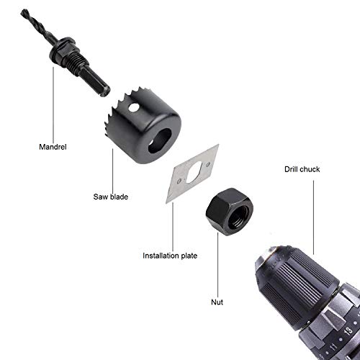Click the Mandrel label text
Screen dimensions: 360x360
pyautogui.click(x=53, y=147)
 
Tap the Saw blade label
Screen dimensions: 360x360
pyautogui.click(x=111, y=197)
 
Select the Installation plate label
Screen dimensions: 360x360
pyautogui.click(x=170, y=256)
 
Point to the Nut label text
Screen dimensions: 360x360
pyautogui.click(x=217, y=302)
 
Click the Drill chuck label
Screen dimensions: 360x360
pyautogui.click(x=302, y=169)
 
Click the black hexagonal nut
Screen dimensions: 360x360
pyautogui.click(x=230, y=212)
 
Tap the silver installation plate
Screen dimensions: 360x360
pyautogui.click(x=192, y=174)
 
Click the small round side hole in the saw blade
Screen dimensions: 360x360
pyautogui.click(x=133, y=107)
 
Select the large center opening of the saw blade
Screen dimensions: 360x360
pyautogui.click(x=160, y=140)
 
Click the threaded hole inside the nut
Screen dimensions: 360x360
pyautogui.click(x=237, y=217)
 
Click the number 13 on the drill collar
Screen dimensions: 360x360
pyautogui.click(x=348, y=331)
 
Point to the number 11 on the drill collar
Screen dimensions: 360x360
pyautogui.click(x=333, y=347)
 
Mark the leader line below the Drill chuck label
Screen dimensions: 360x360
pyautogui.click(x=313, y=217)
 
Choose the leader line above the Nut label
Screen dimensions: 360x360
pyautogui.click(x=218, y=265)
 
